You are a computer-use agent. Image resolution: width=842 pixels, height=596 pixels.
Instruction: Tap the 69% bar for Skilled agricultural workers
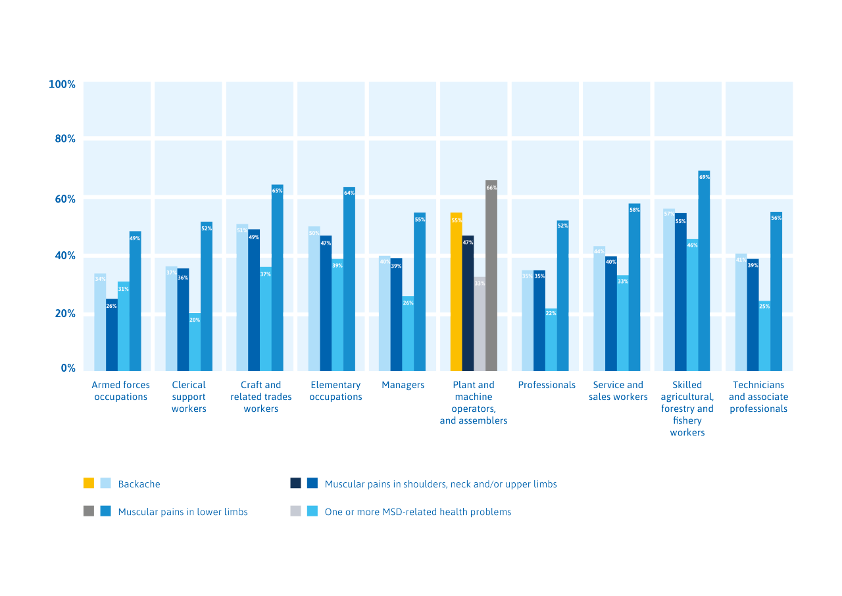pos(704,270)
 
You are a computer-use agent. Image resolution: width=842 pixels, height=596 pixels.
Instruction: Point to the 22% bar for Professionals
pos(551,339)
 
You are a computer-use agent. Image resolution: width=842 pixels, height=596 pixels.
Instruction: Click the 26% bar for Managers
pos(408,333)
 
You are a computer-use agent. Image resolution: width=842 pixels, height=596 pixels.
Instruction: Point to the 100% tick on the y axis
pos(62,84)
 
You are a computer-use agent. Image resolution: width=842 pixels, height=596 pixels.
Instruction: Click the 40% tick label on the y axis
pos(64,256)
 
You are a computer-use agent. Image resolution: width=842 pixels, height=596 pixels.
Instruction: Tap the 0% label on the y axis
pos(68,368)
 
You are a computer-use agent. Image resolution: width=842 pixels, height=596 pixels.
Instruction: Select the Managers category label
pos(403,385)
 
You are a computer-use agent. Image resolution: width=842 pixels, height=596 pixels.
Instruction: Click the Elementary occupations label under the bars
pos(335,391)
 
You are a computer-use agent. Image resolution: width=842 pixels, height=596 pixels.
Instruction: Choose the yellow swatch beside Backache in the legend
pos(89,484)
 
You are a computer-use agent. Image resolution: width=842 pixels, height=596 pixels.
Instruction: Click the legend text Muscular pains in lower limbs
pos(183,511)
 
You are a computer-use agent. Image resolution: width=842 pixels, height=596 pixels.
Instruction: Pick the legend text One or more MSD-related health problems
pos(418,511)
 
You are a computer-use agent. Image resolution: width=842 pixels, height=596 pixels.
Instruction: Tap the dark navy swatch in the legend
pos(295,484)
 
